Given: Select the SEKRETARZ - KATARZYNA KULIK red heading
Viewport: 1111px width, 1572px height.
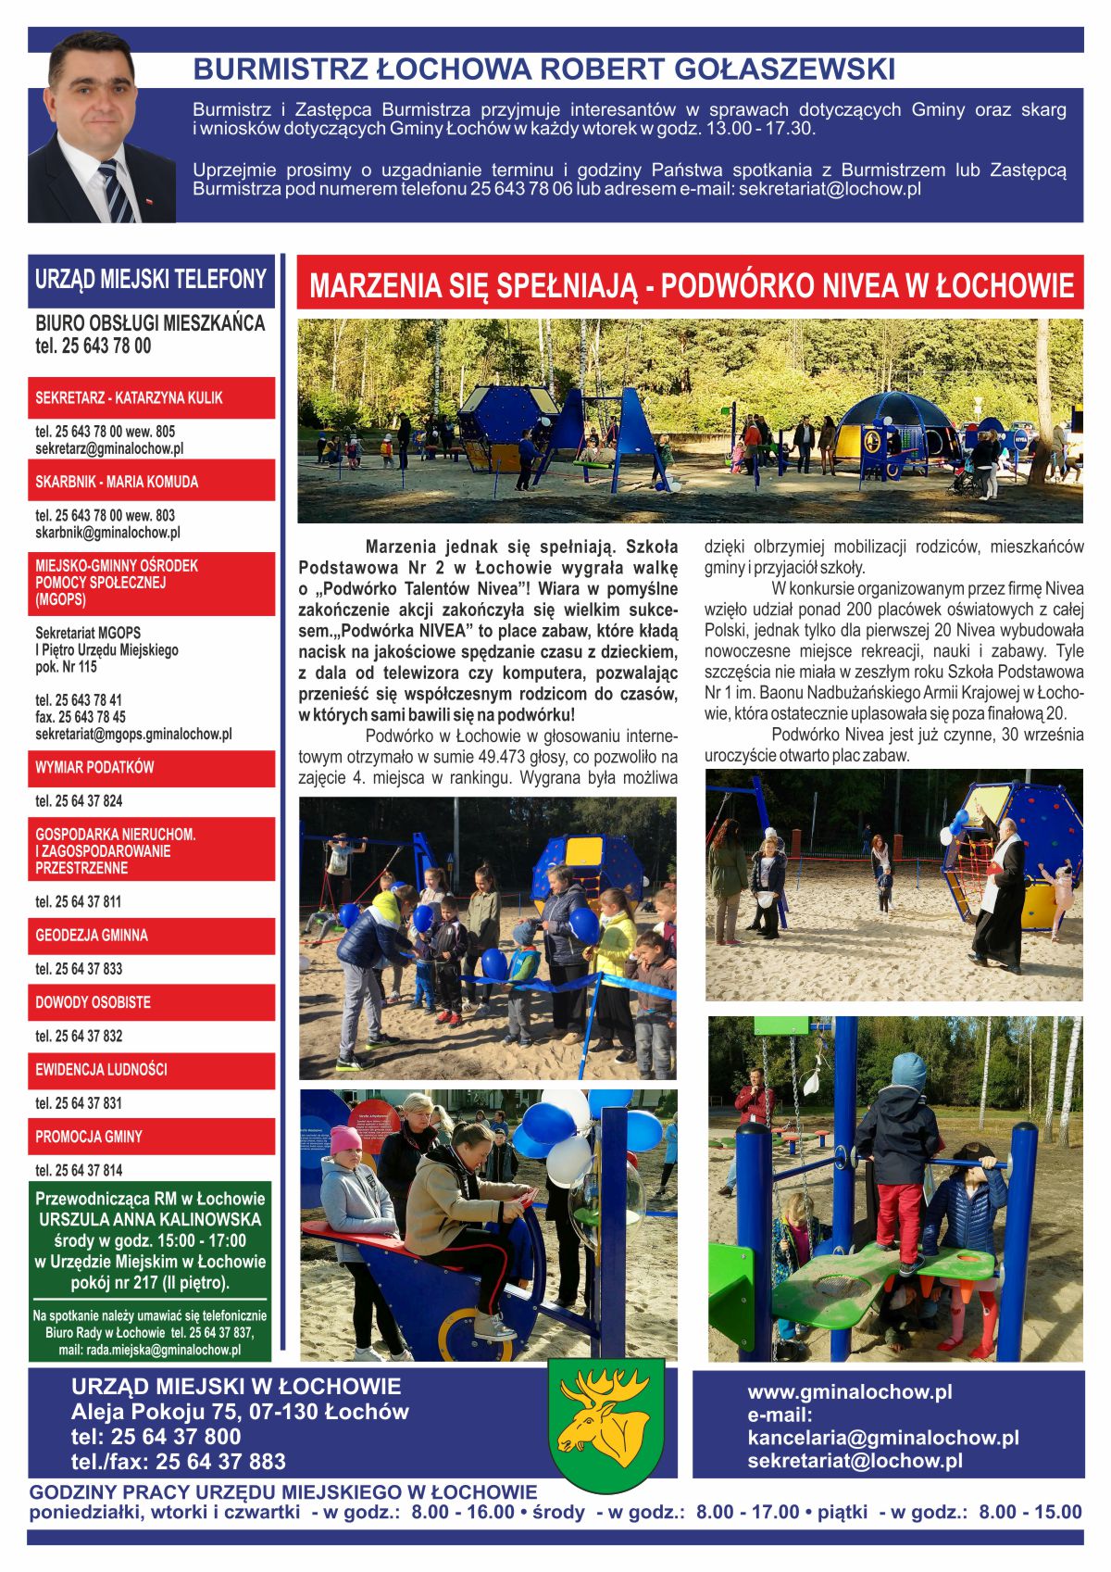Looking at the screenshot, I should (x=130, y=398).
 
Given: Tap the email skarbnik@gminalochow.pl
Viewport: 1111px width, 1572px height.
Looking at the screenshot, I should (x=107, y=533).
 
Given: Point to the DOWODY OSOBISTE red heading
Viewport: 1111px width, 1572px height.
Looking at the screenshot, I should (x=93, y=1002).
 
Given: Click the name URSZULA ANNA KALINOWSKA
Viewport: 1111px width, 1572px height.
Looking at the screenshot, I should (x=150, y=1220).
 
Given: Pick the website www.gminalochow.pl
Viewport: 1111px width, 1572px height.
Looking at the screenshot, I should (x=850, y=1391).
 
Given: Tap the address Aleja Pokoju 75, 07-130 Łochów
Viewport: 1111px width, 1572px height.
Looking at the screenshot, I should (x=240, y=1412).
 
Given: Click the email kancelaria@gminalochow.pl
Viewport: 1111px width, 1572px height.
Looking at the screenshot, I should (x=883, y=1438).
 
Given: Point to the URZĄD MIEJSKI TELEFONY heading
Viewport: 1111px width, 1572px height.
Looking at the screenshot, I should (x=151, y=280).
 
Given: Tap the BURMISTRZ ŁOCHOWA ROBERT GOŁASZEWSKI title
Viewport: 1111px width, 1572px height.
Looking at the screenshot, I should (x=543, y=69).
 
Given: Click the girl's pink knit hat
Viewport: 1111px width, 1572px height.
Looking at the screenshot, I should (x=345, y=1138).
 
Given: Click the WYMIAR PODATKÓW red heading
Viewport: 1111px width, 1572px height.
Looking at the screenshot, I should (x=94, y=768).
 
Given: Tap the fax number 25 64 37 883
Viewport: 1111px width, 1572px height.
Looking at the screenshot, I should (x=220, y=1462).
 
